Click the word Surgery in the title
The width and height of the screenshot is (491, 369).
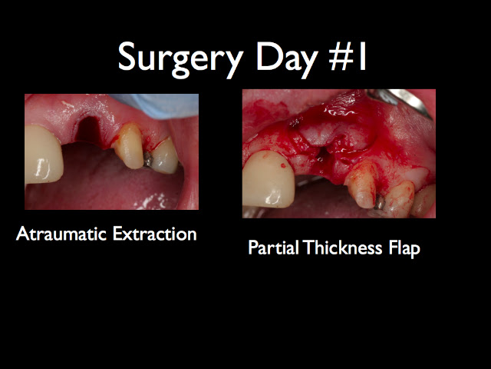pos(181,58)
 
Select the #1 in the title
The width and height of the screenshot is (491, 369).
pos(348,58)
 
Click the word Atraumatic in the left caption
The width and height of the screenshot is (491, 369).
pos(61,234)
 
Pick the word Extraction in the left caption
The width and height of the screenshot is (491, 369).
pos(155,234)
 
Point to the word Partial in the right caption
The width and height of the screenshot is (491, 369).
pos(273,248)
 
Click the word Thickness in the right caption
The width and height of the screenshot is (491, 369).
pos(342,248)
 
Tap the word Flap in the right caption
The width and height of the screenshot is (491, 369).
pos(404,248)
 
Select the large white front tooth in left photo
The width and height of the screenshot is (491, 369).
pos(43,155)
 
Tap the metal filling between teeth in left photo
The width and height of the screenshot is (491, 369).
pos(148,159)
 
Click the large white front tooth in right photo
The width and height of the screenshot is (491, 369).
pos(268,179)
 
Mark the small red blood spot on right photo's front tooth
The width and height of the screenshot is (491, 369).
pos(283,165)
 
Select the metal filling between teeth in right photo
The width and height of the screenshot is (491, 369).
pos(380,202)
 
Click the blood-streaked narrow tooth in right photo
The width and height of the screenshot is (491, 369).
pos(362,184)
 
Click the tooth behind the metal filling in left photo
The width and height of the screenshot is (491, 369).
pos(164,155)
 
